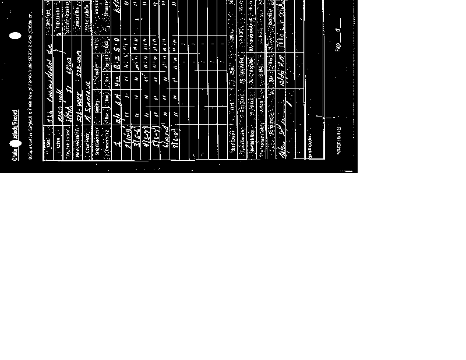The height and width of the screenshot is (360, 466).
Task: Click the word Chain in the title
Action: pos(15,153)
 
